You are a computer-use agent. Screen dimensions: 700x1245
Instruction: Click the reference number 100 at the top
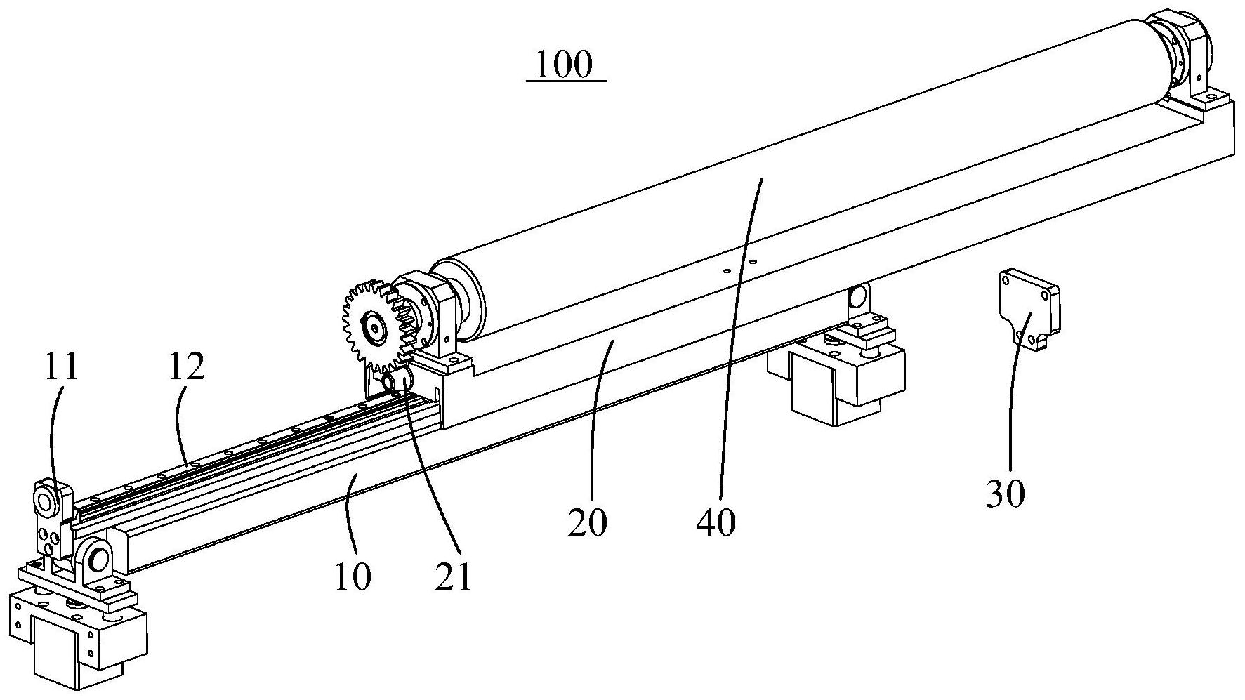pyautogui.click(x=565, y=64)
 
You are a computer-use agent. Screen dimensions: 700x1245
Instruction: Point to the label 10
pyautogui.click(x=353, y=577)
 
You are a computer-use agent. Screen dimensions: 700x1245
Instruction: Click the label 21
pyautogui.click(x=453, y=577)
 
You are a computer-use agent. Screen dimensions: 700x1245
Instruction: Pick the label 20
pyautogui.click(x=587, y=522)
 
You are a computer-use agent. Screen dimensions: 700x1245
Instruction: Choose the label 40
pyautogui.click(x=716, y=522)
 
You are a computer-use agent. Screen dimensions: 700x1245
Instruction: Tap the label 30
pyautogui.click(x=1006, y=494)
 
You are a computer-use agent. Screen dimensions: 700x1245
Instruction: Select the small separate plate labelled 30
pyautogui.click(x=1029, y=308)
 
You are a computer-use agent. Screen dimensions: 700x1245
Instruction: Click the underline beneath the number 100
pyautogui.click(x=566, y=81)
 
